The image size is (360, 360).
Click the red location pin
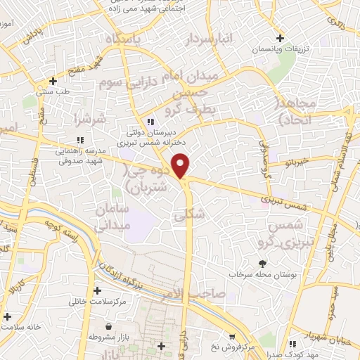tap(181, 165)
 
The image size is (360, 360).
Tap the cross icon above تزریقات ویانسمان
tap(281, 38)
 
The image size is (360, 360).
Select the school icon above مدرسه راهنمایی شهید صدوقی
tap(79, 139)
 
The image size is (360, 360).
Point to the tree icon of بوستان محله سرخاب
tap(263, 264)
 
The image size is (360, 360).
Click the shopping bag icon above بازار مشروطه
tap(110, 327)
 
